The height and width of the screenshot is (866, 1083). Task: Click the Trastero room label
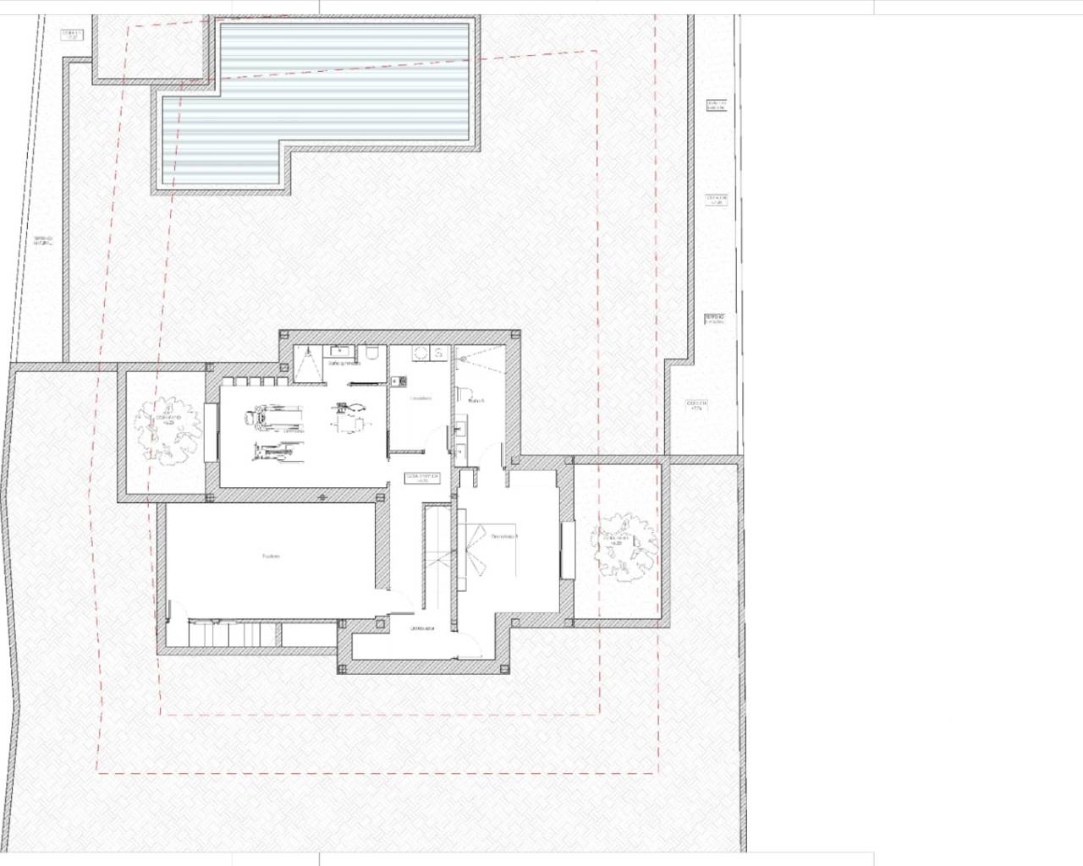pyautogui.click(x=271, y=556)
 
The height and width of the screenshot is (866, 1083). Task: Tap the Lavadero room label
pyautogui.click(x=421, y=397)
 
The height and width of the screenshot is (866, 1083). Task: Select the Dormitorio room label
pyautogui.click(x=505, y=536)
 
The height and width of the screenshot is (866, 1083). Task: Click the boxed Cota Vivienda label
pyautogui.click(x=423, y=478)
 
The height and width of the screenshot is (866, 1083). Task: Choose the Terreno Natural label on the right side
pyautogui.click(x=715, y=320)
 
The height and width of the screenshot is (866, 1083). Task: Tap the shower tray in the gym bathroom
pyautogui.click(x=308, y=364)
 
